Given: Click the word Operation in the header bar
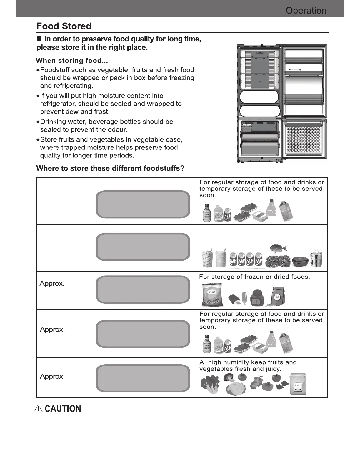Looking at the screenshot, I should point(306,11).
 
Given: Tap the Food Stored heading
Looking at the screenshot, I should point(64,26).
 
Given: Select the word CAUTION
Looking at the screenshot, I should point(63,409).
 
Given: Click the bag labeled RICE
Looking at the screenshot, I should point(298,384).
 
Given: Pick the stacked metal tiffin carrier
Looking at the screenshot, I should point(316,259).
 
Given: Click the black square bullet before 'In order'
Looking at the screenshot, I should point(39,39).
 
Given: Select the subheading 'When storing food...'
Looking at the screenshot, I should point(72,61).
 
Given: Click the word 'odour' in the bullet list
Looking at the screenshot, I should point(118,130).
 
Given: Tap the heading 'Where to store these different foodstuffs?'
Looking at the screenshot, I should point(110,168).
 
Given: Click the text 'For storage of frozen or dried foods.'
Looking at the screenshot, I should point(254,277).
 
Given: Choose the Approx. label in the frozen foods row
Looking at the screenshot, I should point(52,284).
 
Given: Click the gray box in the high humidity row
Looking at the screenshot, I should point(143,378).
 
